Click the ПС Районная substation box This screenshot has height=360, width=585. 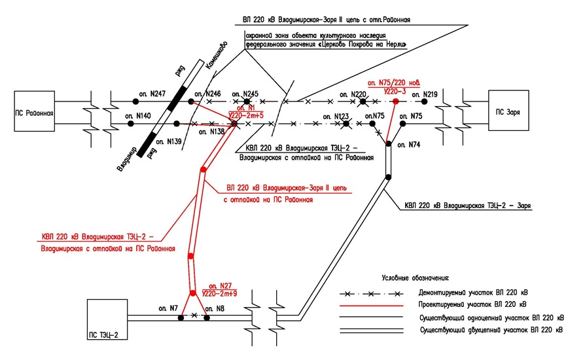click(33, 112)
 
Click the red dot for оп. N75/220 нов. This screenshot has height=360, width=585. click(395, 101)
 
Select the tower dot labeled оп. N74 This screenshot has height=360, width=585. click(388, 143)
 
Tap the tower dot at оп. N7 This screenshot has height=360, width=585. click(181, 318)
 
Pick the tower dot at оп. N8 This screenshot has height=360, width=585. click(207, 318)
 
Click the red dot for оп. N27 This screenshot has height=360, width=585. click(193, 293)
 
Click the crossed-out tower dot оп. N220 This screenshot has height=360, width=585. click(361, 101)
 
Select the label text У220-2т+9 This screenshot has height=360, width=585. click(219, 294)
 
